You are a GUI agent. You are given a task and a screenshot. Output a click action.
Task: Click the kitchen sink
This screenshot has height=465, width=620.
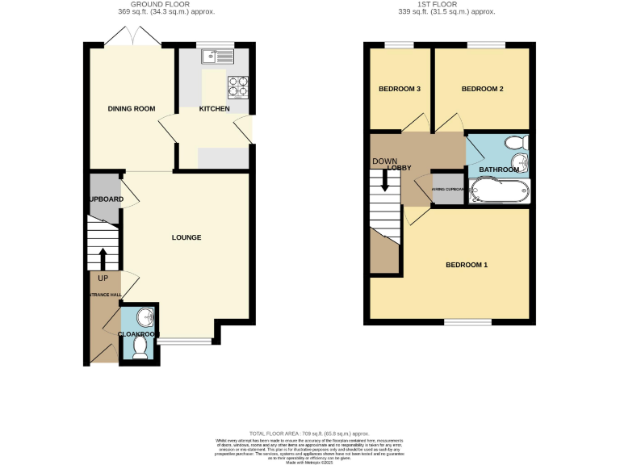pyautogui.click(x=218, y=56)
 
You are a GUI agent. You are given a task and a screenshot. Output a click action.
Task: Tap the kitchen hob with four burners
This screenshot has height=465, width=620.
pyautogui.click(x=238, y=85)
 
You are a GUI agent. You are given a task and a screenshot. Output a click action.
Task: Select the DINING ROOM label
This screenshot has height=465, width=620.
pyautogui.click(x=132, y=108)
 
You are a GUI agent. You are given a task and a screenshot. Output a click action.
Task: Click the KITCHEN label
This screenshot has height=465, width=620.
pyautogui.click(x=215, y=109)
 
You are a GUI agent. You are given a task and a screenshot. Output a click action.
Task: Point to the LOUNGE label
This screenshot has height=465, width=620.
pyautogui.click(x=186, y=237)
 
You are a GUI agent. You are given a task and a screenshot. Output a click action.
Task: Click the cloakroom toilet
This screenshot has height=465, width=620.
pyautogui.click(x=140, y=347)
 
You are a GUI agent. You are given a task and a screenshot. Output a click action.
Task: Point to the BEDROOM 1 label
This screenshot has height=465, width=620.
pyautogui.click(x=467, y=265)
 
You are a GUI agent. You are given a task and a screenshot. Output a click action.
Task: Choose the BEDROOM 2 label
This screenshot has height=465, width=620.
pyautogui.click(x=482, y=89)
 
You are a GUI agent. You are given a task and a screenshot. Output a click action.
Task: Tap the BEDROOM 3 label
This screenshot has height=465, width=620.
pyautogui.click(x=400, y=89)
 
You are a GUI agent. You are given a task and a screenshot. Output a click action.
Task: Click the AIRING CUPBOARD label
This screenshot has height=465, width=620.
pyautogui.click(x=448, y=190)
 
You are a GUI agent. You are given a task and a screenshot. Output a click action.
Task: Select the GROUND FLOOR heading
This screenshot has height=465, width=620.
pyautogui.click(x=167, y=5)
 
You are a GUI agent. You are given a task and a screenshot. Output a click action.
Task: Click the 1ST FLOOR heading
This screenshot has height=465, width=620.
pyautogui.click(x=450, y=5)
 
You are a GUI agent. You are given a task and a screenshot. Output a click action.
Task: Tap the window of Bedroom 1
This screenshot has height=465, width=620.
pyautogui.click(x=467, y=322)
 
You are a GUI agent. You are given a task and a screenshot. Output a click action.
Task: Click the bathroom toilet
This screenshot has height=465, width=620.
pyautogui.click(x=513, y=143)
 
